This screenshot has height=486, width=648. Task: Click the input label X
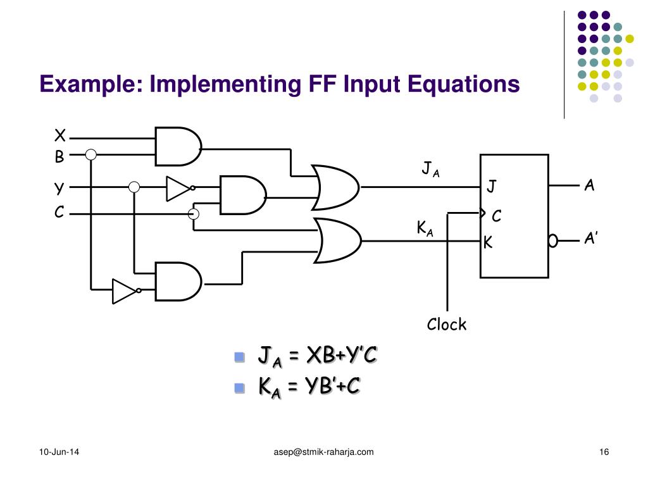(x=59, y=135)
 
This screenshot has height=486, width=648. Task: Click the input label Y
(x=59, y=188)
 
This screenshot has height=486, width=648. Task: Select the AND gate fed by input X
(x=177, y=147)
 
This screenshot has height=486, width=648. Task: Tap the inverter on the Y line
(x=179, y=188)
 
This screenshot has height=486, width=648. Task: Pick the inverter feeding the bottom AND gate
(x=125, y=291)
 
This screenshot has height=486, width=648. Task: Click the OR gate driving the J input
(x=335, y=187)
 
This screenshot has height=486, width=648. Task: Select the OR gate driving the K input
(x=338, y=240)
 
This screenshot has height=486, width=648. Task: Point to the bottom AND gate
(x=178, y=282)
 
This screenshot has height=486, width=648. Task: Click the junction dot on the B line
(x=91, y=154)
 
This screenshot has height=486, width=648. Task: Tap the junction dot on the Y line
(x=134, y=187)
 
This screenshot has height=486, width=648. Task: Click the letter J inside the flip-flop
(x=491, y=188)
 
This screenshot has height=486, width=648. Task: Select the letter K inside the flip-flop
(x=489, y=242)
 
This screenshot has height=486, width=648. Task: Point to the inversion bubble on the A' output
(x=552, y=240)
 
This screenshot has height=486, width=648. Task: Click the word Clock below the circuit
(x=446, y=325)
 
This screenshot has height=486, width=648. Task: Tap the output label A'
(x=591, y=239)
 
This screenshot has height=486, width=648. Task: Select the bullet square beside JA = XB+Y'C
(x=239, y=357)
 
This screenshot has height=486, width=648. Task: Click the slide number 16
(x=603, y=451)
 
